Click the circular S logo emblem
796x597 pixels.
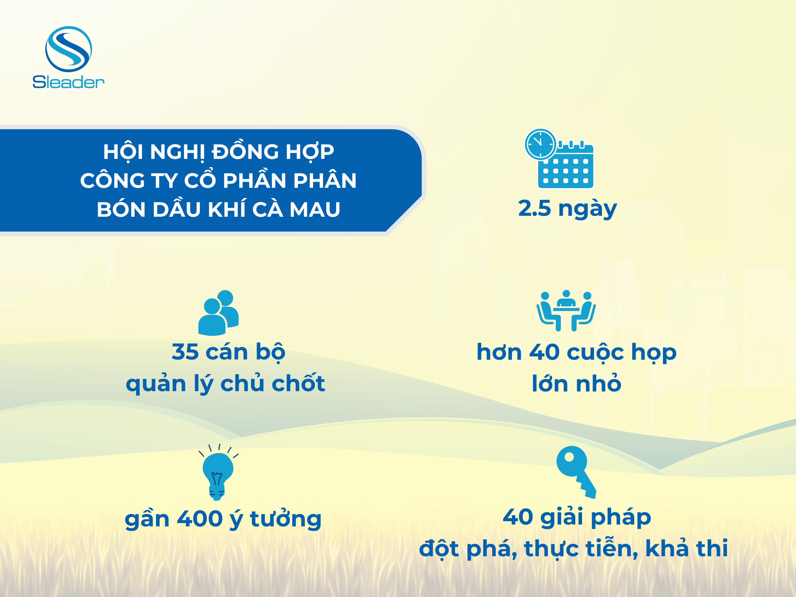(68, 49)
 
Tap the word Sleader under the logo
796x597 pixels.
(68, 82)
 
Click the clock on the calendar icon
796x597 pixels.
(540, 144)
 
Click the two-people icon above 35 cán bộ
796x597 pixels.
(218, 313)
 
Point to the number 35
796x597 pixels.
(185, 352)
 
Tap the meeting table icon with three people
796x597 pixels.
(566, 310)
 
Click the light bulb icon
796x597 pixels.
(218, 472)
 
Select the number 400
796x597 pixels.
(200, 519)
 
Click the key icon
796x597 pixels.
(576, 472)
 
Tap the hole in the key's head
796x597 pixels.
(569, 457)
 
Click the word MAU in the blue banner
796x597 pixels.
(315, 210)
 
